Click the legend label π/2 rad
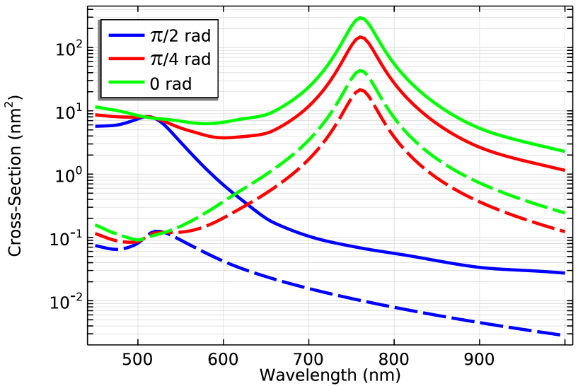pos(180,37)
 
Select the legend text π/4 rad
pos(180,60)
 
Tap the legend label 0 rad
pos(170,83)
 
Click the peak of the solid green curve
pos(360,18)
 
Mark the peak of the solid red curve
pos(360,36)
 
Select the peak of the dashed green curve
pos(360,71)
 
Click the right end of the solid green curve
pos(565,151)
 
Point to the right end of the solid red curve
pos(565,170)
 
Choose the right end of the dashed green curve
pos(565,213)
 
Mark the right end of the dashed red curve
pos(565,232)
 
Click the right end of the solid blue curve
pos(565,272)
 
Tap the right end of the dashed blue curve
pos(565,334)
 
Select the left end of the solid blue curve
pos(95,126)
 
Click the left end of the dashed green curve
pos(95,225)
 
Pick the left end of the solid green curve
pos(95,107)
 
